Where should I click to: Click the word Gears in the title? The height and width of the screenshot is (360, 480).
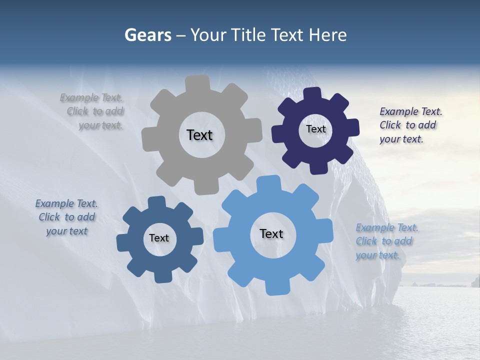tap(147, 35)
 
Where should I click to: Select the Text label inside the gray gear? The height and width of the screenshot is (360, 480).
tap(199, 135)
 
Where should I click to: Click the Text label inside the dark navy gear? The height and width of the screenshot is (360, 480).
tap(315, 129)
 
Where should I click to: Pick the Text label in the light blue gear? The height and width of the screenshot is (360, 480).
tap(271, 233)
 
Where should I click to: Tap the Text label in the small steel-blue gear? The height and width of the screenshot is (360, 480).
tap(159, 238)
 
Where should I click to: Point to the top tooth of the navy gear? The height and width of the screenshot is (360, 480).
tap(312, 94)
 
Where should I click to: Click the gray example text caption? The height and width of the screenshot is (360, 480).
tap(93, 111)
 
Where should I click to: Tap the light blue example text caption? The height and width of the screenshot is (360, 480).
tap(386, 241)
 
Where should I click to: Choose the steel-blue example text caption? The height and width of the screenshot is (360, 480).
tap(66, 217)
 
